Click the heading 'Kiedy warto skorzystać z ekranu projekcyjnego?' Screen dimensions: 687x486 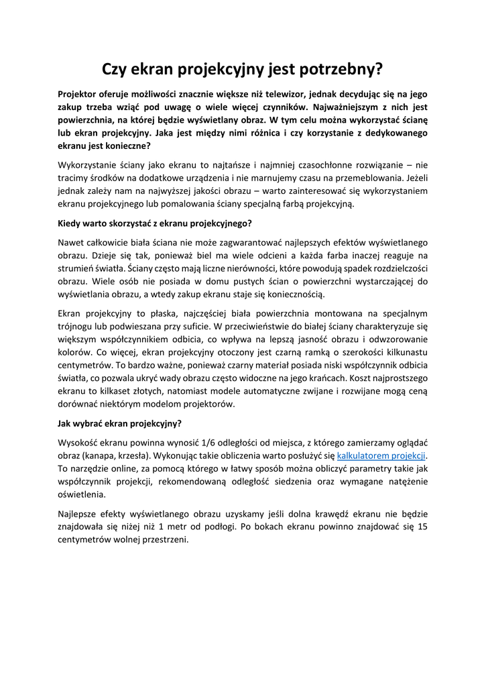click(155, 223)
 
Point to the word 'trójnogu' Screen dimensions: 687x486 click(78, 326)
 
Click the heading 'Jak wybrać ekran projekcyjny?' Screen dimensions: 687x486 click(120, 423)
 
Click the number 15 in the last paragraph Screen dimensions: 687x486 click(422, 527)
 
